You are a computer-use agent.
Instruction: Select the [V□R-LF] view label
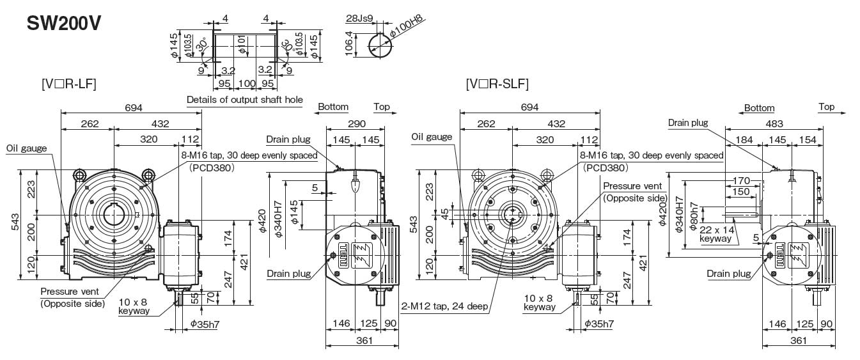click(x=69, y=84)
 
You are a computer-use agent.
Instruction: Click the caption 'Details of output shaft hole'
click(x=244, y=100)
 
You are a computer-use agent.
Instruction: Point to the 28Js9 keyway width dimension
click(x=359, y=18)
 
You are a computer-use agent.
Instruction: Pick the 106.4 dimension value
click(x=349, y=44)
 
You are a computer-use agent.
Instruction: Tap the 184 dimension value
click(x=744, y=139)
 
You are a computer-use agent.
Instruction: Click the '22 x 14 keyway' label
click(x=716, y=233)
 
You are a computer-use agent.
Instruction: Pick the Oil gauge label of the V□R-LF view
click(x=26, y=148)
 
